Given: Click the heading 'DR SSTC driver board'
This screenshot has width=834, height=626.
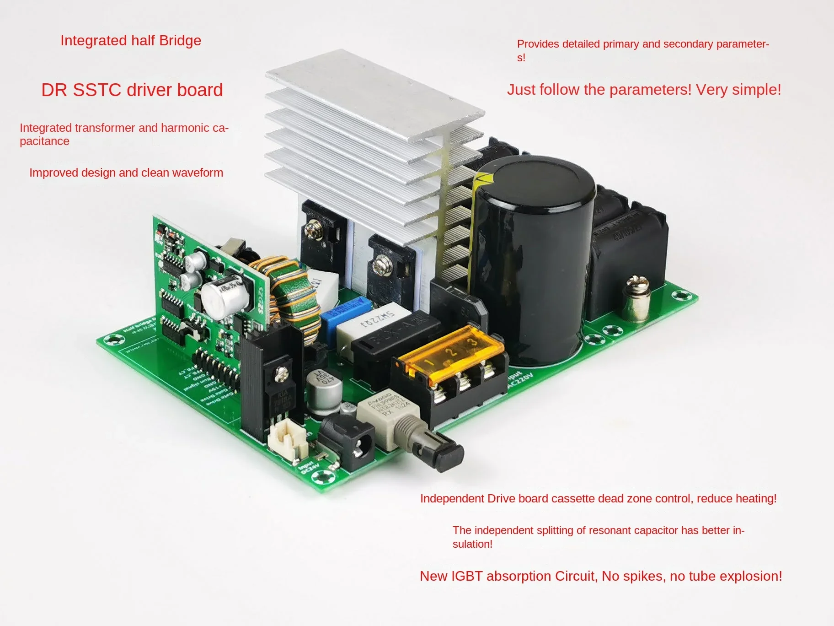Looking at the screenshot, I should click(132, 90).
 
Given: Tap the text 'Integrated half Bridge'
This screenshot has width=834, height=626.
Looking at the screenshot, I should click(131, 41).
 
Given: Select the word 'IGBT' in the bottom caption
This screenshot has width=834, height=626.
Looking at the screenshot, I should click(466, 576).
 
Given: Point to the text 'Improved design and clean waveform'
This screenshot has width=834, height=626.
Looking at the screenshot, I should click(126, 173).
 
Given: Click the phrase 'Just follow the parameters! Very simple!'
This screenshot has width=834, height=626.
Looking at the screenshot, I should click(644, 90).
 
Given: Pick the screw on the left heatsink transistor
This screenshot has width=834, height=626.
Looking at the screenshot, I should click(314, 226).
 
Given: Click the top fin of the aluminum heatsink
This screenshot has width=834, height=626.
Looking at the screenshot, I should click(375, 92).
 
